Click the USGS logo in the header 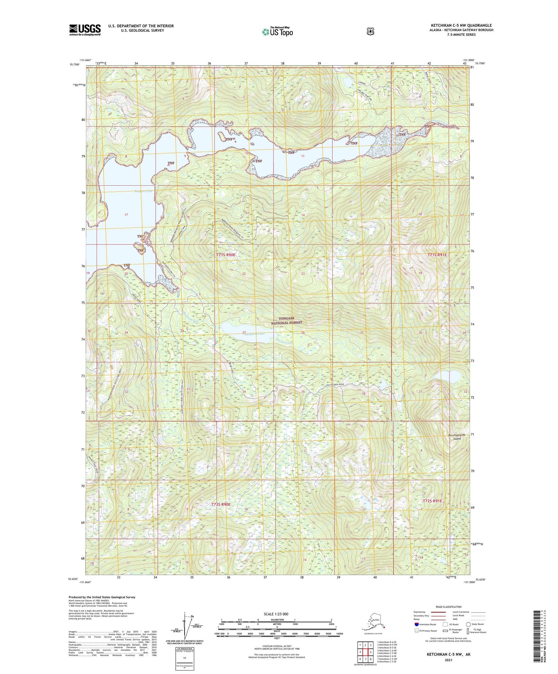coord(85,30)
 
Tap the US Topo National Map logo coord(277,31)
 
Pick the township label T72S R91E coord(432,501)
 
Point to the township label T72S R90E coord(220,504)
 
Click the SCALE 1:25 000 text coord(276,614)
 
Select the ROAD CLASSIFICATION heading coord(448,607)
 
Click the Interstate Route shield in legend coord(416,624)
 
